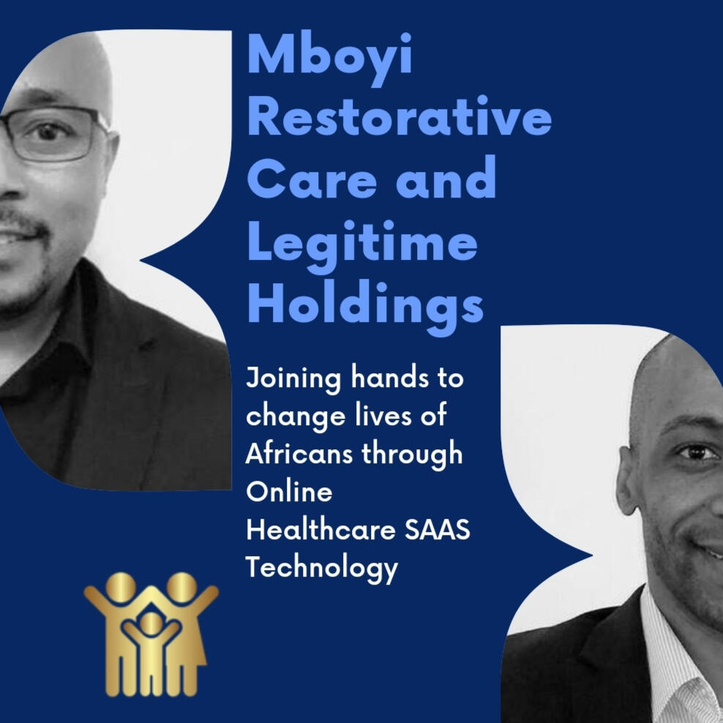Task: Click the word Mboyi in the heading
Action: click(330, 57)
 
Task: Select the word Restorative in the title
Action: click(400, 117)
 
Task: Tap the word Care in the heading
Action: click(312, 179)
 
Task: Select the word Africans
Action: click(299, 453)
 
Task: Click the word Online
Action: click(289, 491)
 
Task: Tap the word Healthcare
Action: click(321, 529)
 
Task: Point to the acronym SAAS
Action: click(437, 529)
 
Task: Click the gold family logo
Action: click(151, 634)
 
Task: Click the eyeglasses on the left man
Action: click(50, 134)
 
